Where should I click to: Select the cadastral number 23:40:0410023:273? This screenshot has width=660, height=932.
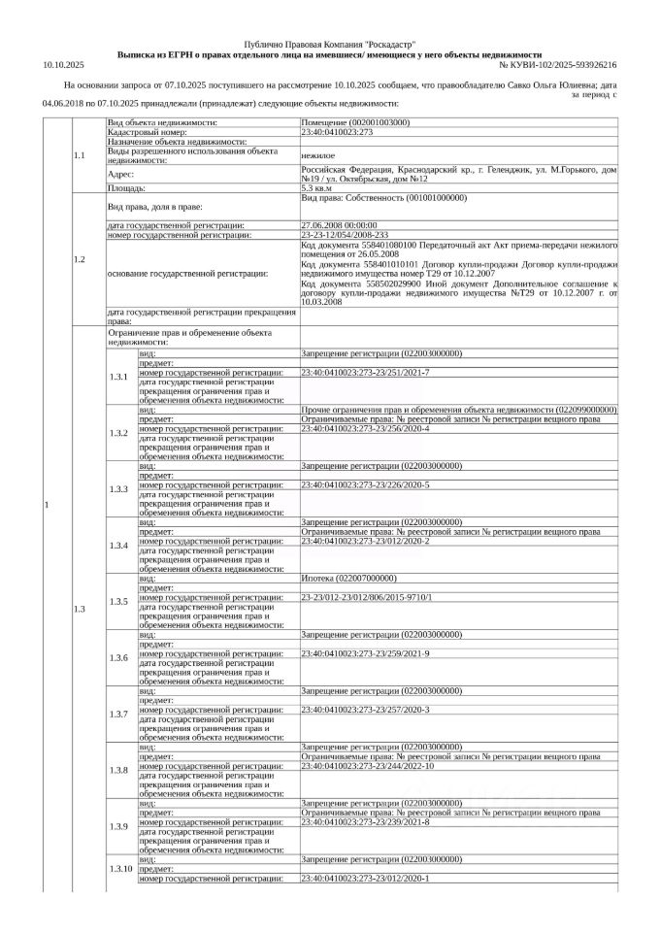[338, 133]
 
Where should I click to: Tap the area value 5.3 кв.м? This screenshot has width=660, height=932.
[317, 188]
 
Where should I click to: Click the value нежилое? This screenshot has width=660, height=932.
[318, 153]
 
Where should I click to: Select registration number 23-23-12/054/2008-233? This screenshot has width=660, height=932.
[345, 234]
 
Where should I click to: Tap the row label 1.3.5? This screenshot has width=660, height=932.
[118, 602]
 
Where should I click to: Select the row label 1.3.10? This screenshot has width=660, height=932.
[120, 868]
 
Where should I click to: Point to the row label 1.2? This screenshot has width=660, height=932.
[80, 259]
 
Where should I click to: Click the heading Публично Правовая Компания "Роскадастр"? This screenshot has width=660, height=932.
[329, 46]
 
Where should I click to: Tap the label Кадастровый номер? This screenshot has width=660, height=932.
[146, 133]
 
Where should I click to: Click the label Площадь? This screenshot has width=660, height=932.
[126, 188]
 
